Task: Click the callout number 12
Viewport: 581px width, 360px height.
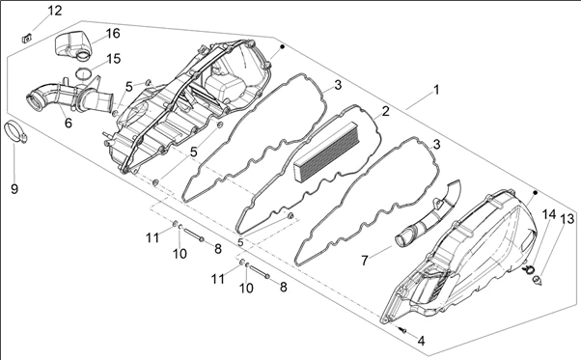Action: click(x=55, y=11)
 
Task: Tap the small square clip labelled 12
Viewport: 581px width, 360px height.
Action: click(x=27, y=38)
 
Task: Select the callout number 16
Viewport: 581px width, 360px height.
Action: click(x=113, y=34)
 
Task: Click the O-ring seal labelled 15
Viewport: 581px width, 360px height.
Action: click(x=83, y=73)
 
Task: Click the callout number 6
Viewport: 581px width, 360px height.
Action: click(x=69, y=123)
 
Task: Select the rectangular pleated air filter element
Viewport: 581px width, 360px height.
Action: click(x=326, y=152)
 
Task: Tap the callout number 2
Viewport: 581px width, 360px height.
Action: click(x=386, y=111)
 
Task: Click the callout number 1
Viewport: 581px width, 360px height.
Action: click(x=436, y=90)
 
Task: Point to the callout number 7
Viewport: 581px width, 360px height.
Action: click(x=365, y=261)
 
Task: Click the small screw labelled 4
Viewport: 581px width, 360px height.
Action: click(x=403, y=330)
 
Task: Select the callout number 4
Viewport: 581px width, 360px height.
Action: click(x=421, y=341)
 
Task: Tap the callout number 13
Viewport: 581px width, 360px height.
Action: click(x=567, y=218)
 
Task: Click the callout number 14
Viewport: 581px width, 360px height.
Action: click(x=549, y=214)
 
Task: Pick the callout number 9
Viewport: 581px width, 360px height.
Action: click(x=14, y=189)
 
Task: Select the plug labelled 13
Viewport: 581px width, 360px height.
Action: click(x=537, y=280)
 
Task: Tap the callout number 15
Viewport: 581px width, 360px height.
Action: click(x=113, y=59)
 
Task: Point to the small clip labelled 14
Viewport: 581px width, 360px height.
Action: click(x=529, y=269)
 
